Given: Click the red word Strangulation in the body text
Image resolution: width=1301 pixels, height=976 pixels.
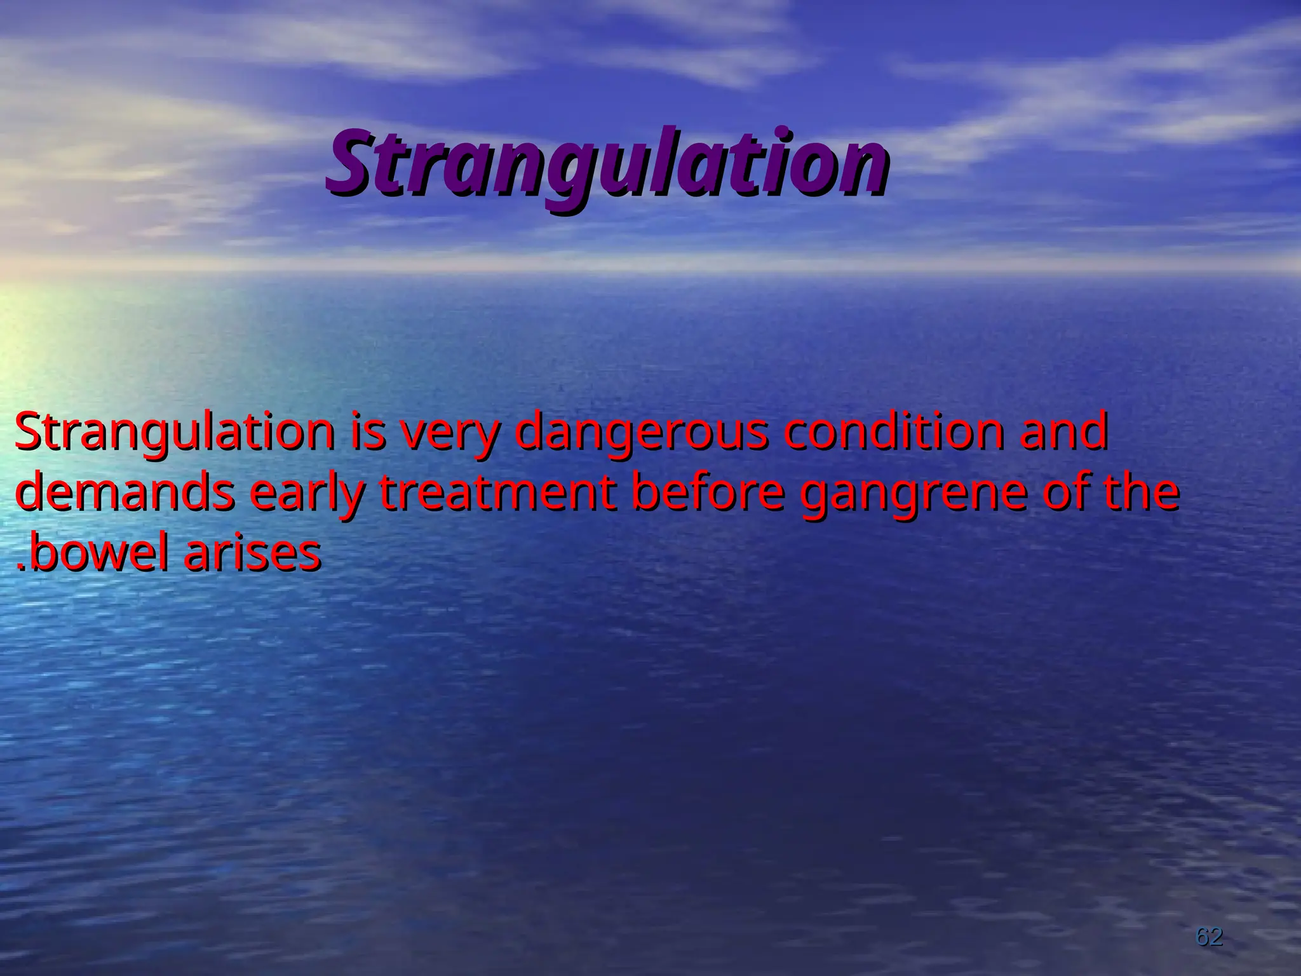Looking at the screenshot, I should (x=174, y=432).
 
